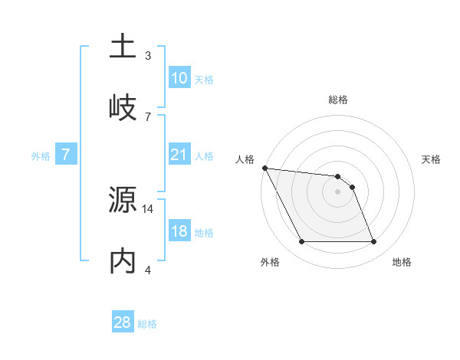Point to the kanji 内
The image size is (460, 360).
(123, 261)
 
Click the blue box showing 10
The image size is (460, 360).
(179, 78)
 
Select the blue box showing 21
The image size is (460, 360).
(179, 155)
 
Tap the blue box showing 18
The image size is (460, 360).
(179, 231)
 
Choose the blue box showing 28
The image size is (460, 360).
(123, 322)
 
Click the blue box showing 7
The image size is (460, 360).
(66, 155)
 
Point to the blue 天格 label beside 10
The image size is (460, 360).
(204, 80)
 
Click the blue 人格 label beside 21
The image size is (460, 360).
(204, 156)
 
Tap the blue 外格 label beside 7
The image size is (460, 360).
(41, 156)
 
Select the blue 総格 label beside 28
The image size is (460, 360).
(147, 324)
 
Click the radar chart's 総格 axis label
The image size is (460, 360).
(337, 100)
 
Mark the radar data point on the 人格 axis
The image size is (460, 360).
(264, 169)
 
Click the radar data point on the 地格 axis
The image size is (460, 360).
(373, 242)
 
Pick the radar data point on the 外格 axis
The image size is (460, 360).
(301, 242)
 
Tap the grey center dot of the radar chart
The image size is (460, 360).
(337, 191)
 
